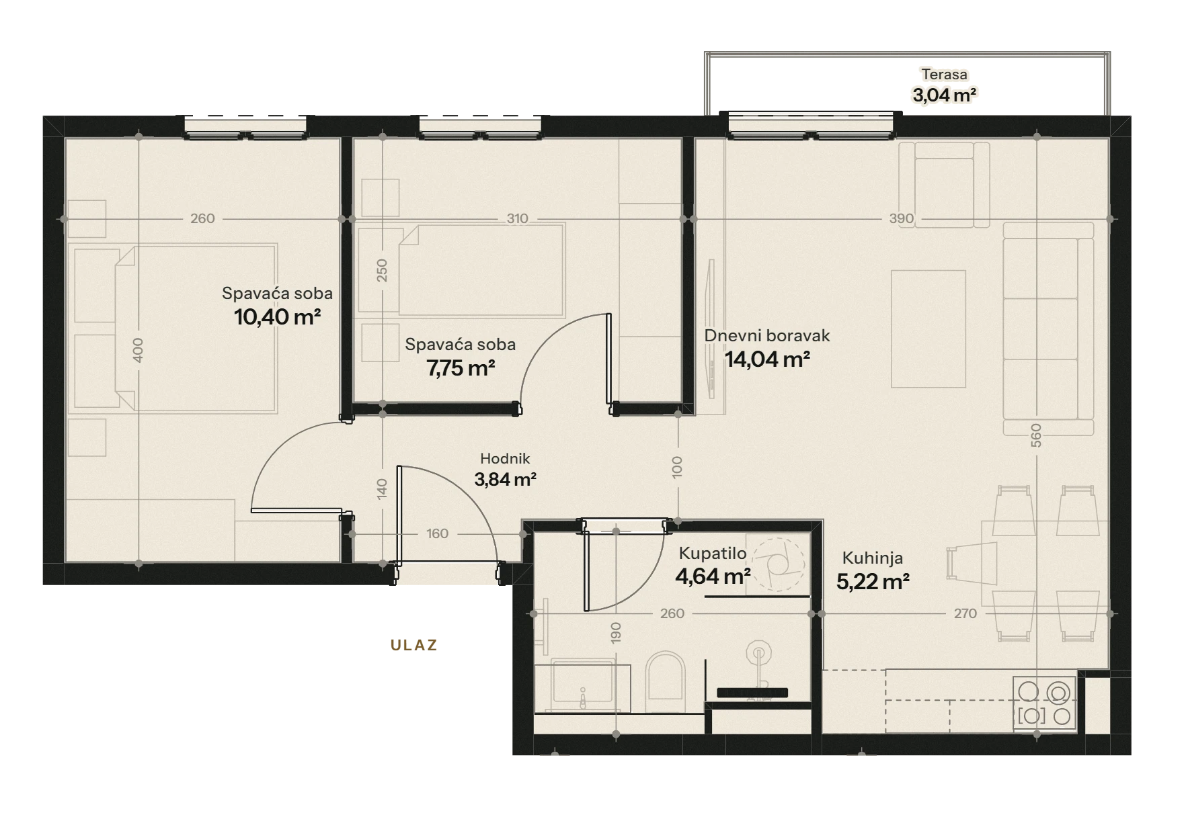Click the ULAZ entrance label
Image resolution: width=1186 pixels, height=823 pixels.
pyautogui.click(x=414, y=645)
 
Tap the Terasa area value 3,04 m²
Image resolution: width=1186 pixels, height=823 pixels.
pyautogui.click(x=945, y=95)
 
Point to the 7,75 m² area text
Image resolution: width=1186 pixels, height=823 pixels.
pyautogui.click(x=461, y=367)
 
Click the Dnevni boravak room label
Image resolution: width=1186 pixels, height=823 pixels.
pyautogui.click(x=767, y=335)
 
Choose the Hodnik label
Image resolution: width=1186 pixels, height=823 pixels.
pyautogui.click(x=505, y=459)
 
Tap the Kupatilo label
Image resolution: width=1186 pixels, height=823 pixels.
pyautogui.click(x=713, y=553)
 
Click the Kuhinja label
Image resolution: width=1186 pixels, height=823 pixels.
pyautogui.click(x=873, y=558)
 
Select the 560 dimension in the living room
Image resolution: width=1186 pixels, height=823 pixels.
pyautogui.click(x=1036, y=435)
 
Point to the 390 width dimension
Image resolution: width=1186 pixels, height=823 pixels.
pyautogui.click(x=902, y=218)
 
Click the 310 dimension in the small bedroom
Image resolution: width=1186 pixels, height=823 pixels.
pyautogui.click(x=517, y=218)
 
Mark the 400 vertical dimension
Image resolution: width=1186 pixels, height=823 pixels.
pyautogui.click(x=138, y=350)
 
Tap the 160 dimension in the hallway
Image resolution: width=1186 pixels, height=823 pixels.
pyautogui.click(x=437, y=533)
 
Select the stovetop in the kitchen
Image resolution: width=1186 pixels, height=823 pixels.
pyautogui.click(x=1045, y=703)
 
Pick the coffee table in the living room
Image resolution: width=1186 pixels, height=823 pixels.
pyautogui.click(x=928, y=329)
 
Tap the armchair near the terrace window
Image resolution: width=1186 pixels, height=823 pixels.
pyautogui.click(x=945, y=184)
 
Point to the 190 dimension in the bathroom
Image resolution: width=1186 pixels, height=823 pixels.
pyautogui.click(x=617, y=632)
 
